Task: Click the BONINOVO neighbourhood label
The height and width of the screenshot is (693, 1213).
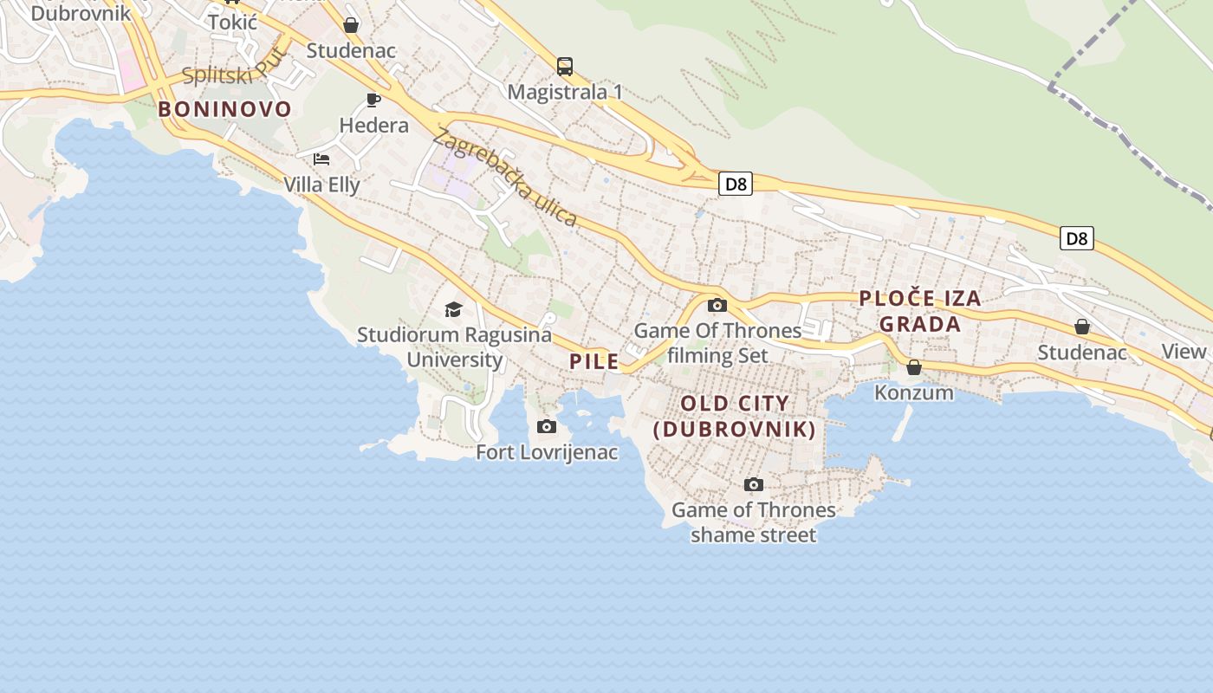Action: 224,109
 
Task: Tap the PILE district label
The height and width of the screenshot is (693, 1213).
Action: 594,361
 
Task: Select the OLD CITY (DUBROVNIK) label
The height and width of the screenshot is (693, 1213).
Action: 735,416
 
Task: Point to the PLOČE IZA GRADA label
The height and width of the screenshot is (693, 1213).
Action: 920,311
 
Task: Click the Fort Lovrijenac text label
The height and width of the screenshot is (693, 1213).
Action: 547,451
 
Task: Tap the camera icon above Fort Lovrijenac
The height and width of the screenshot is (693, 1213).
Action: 547,426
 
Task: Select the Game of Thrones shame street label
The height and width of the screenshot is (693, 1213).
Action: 753,522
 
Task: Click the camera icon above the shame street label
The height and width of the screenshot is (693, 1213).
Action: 754,484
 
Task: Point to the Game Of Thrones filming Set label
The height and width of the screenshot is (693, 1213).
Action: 718,343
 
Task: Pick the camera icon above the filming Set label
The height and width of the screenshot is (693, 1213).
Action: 717,305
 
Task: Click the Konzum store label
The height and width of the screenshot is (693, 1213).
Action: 913,392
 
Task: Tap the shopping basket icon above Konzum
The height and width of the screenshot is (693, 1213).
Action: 914,367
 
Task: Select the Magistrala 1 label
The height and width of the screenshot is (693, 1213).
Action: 565,92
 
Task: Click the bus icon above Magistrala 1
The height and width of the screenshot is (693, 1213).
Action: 565,66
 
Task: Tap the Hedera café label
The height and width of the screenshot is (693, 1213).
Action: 373,126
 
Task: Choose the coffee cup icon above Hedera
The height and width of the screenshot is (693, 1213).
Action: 373,100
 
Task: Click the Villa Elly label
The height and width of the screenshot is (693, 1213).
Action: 321,185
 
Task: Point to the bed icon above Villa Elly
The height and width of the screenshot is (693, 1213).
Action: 321,159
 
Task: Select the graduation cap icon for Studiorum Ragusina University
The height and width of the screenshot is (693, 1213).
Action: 453,309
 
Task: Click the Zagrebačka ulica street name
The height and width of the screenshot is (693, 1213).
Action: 506,178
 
